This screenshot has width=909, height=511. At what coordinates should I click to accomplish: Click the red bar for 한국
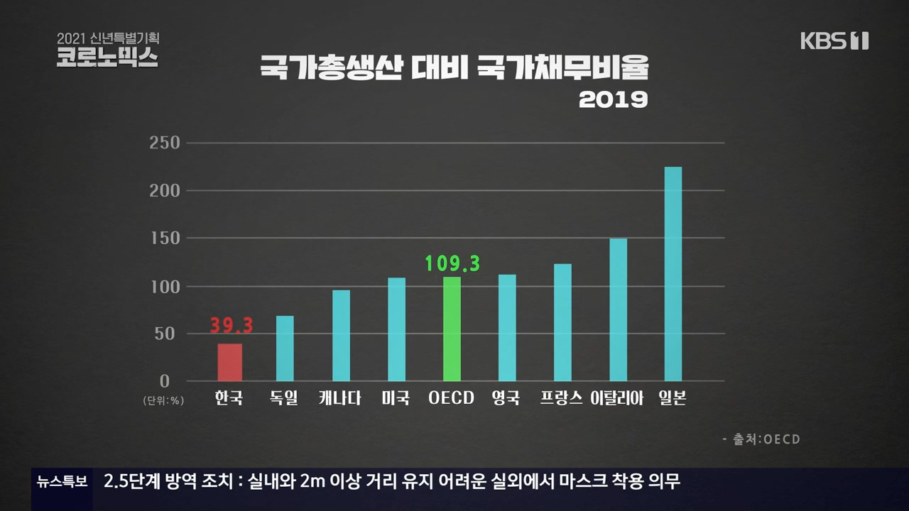229,362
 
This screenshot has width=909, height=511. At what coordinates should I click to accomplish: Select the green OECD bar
452,329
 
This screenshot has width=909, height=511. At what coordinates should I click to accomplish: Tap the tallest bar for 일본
673,274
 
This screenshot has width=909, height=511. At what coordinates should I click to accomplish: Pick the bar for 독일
285,348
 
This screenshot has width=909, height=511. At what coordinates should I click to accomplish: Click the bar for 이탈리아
618,309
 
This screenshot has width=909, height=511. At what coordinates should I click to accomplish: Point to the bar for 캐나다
341,335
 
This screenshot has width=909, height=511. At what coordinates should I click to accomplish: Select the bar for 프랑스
562,322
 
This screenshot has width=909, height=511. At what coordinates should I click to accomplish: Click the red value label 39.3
232,326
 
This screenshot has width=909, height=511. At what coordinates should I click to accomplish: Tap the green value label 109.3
452,264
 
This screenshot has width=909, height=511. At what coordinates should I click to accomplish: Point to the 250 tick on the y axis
164,143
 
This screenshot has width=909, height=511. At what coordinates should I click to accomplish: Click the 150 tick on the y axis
164,239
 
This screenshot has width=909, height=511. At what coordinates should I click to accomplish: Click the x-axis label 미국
396,398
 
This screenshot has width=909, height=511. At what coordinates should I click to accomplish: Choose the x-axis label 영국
506,398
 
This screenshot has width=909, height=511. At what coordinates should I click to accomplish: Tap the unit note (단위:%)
163,400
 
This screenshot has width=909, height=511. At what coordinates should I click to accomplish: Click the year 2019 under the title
613,100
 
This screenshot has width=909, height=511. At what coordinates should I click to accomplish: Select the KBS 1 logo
834,41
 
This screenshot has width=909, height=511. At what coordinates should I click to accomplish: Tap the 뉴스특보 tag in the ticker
62,482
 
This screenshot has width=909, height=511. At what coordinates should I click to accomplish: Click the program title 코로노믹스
107,57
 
